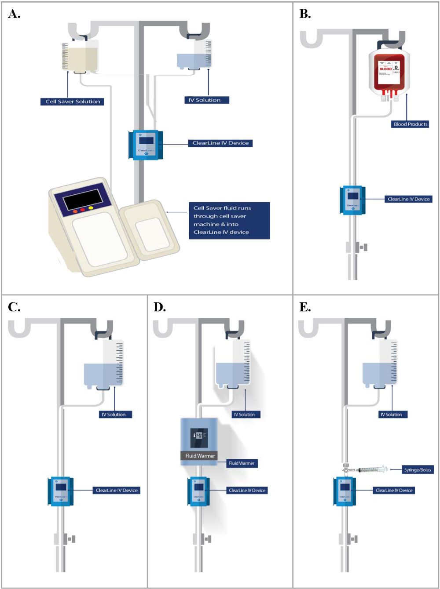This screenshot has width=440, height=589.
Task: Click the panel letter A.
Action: tap(14, 15)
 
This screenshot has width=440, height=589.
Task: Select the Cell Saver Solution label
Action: tap(73, 102)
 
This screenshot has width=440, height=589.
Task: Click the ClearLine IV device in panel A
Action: tap(145, 145)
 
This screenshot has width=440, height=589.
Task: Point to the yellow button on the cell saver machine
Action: tap(91, 208)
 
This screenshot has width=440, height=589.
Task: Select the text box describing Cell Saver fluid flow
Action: tap(229, 220)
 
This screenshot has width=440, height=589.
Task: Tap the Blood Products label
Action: tap(410, 124)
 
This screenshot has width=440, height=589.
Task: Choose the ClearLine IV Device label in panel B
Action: tap(408, 199)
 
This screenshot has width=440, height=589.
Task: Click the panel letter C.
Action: tap(14, 307)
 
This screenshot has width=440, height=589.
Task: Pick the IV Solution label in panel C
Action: tap(114, 414)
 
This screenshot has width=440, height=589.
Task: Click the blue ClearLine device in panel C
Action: tap(61, 491)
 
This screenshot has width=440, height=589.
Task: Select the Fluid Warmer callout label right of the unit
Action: tap(242, 463)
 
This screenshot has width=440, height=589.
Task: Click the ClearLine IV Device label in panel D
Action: tap(247, 491)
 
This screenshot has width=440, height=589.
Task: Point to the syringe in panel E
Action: tap(372, 470)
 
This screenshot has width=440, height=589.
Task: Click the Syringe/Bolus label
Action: tap(418, 470)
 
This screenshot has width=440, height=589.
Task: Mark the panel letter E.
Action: tap(305, 307)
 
